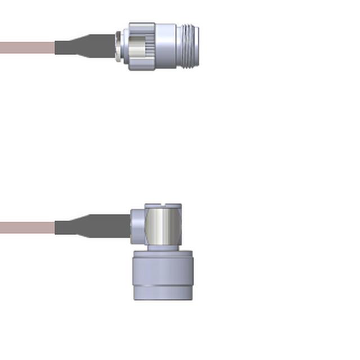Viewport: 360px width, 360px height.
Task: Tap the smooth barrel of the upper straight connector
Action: [x=166, y=46]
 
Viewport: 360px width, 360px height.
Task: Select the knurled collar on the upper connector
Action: [x=142, y=46]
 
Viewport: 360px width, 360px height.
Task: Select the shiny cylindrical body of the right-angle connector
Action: [x=163, y=227]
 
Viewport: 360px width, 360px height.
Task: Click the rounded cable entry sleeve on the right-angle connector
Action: [x=137, y=226]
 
